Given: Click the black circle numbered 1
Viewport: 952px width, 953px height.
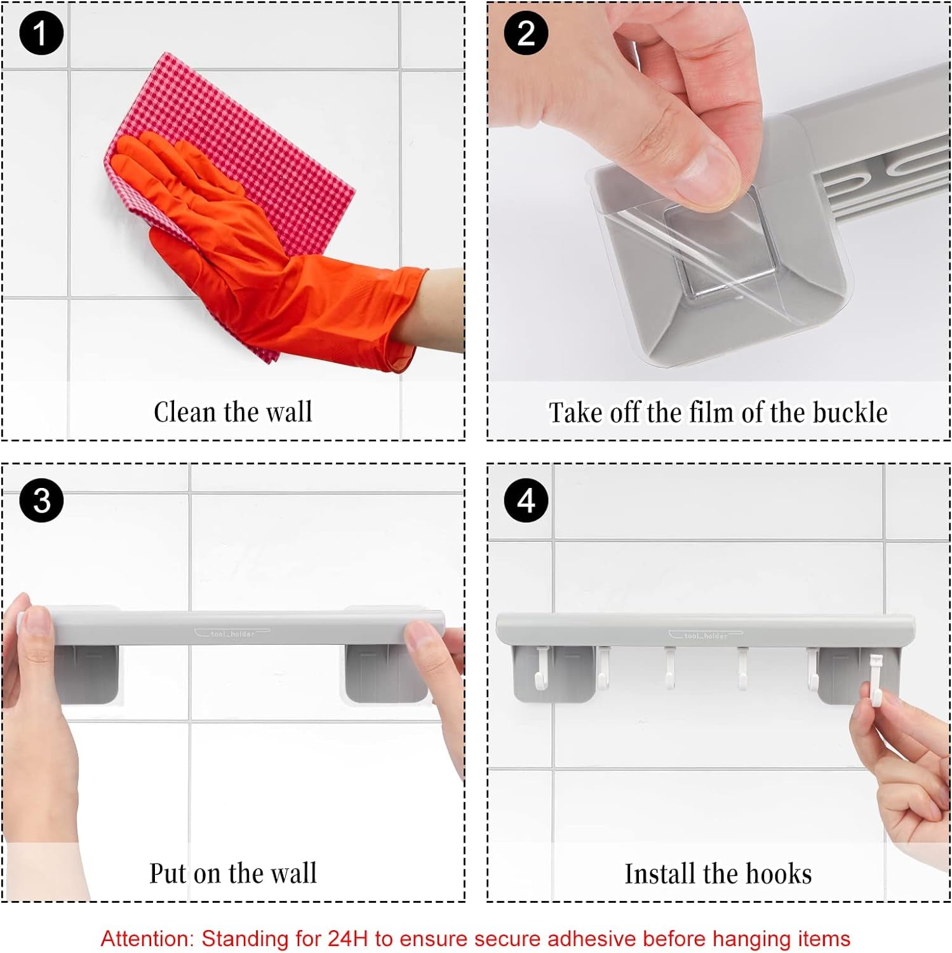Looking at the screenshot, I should pos(41,33).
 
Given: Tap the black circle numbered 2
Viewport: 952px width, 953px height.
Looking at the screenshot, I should pos(526,33).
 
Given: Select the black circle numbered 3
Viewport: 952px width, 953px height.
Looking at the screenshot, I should pos(41,501).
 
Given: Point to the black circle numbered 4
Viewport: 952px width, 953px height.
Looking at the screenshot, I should pos(526,501).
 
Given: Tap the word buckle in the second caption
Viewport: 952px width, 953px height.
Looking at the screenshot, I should pos(850,412).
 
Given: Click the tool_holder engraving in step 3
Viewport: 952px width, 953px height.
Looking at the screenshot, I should pos(232,633).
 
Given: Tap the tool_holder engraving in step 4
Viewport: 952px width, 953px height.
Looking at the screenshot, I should pos(706,635).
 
